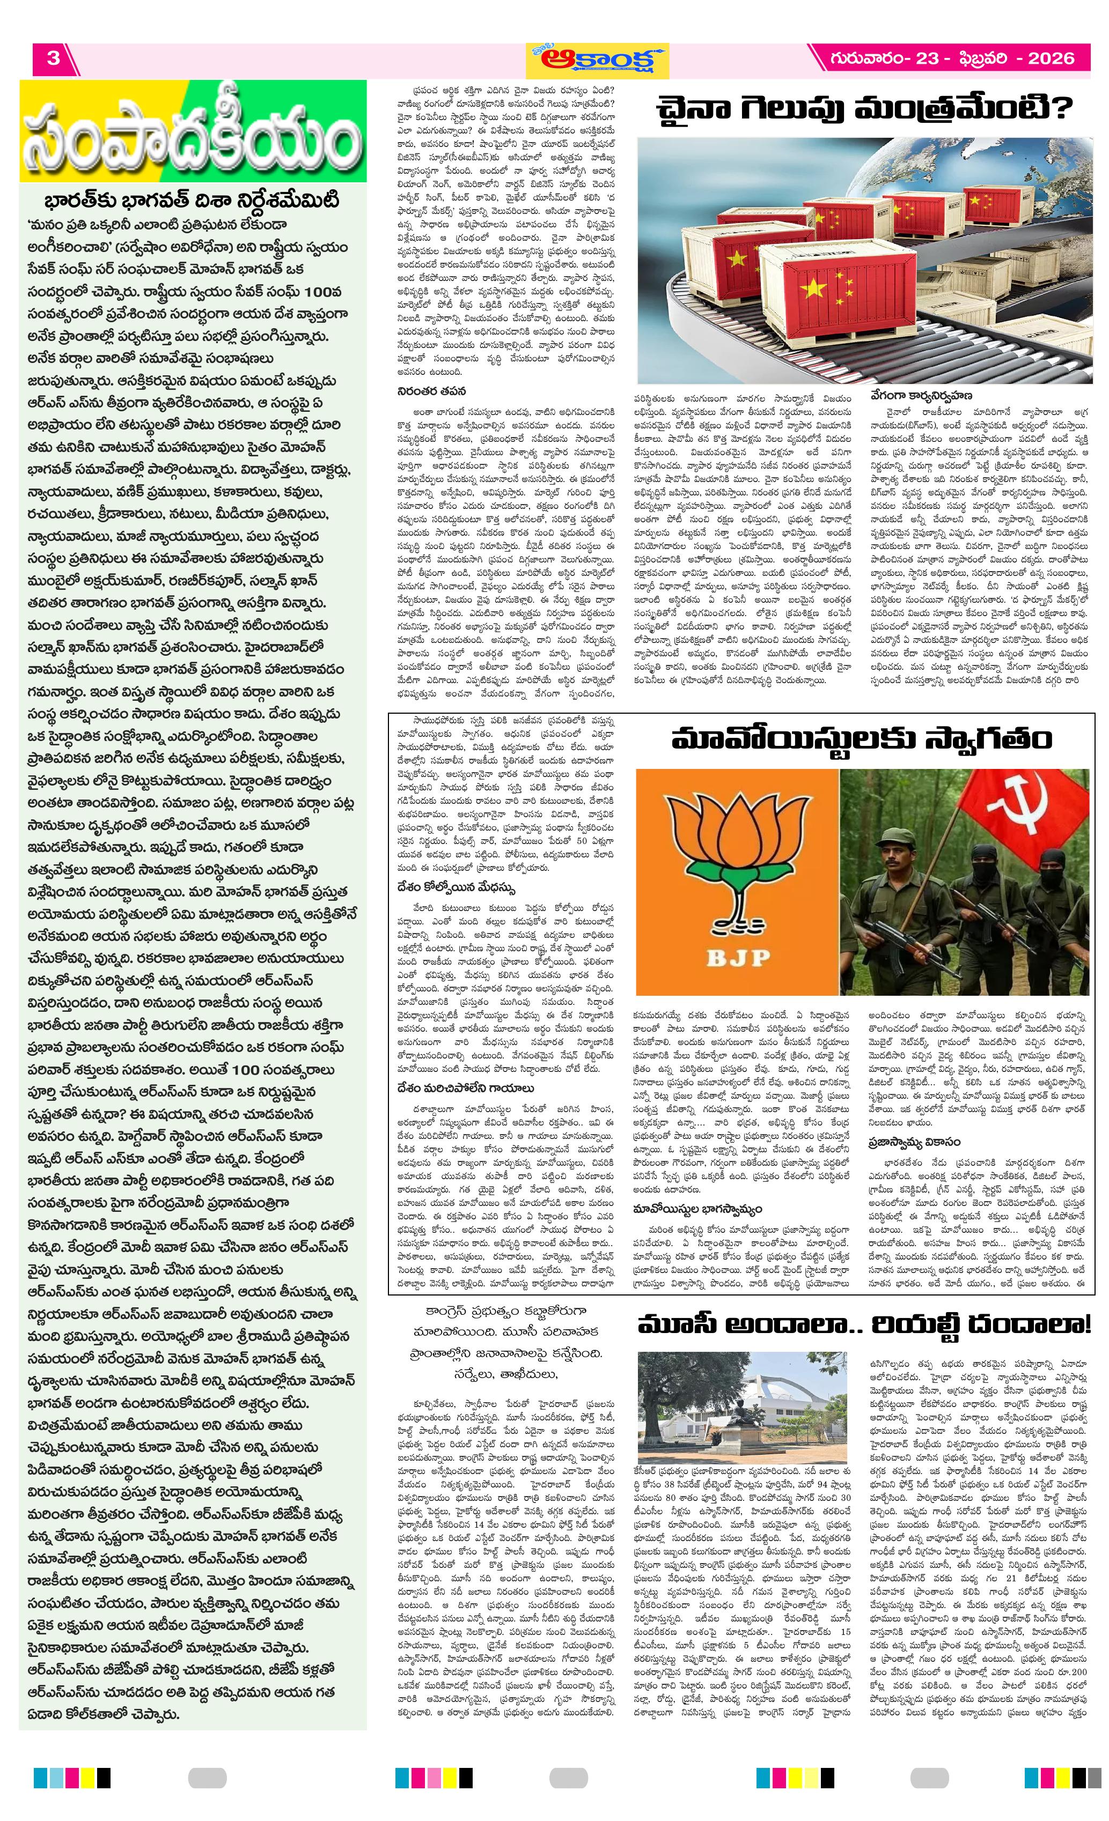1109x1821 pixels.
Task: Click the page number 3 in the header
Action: click(x=53, y=58)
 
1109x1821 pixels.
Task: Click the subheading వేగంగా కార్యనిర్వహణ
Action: click(x=921, y=396)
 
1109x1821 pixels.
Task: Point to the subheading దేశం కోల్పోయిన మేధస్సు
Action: click(x=456, y=887)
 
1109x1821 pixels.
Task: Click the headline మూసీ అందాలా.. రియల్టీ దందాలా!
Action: click(x=864, y=1323)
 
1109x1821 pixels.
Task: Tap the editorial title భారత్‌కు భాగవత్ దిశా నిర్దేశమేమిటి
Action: click(x=192, y=201)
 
